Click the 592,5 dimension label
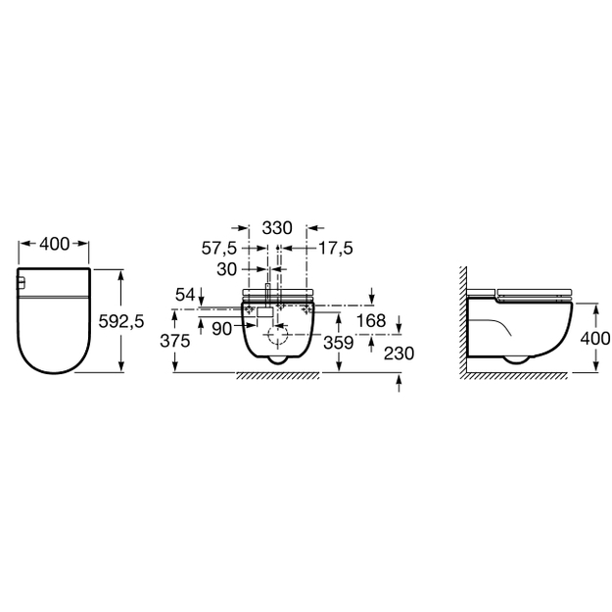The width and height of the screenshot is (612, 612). tap(121, 321)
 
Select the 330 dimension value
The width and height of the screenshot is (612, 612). tap(277, 228)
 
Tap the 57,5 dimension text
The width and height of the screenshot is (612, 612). tap(219, 249)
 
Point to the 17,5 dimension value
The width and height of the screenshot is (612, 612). tap(336, 249)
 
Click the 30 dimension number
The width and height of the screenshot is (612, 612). tap(227, 269)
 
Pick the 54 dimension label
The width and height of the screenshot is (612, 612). tap(185, 295)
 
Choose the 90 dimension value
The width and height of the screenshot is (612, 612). tap(221, 329)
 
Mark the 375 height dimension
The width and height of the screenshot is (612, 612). tap(175, 341)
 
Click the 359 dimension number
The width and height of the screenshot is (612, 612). tap(339, 343)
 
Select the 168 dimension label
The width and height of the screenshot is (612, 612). tap(371, 321)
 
